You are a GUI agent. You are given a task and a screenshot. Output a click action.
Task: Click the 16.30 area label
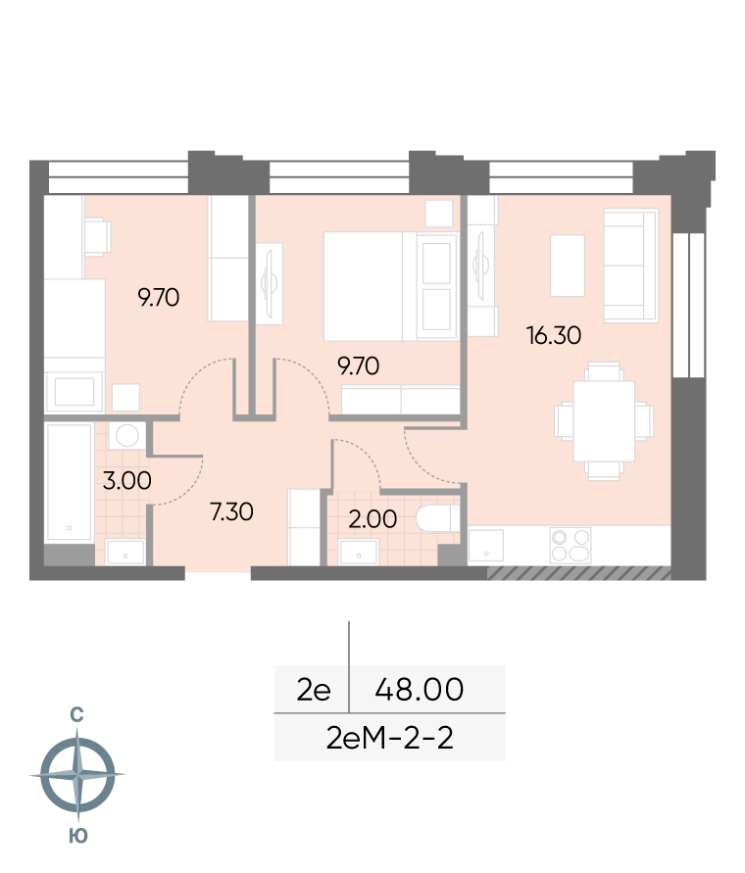coord(554,336)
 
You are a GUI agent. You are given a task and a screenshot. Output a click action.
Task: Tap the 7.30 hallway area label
coord(231,511)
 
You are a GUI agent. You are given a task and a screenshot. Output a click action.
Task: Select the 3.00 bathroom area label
coord(127,481)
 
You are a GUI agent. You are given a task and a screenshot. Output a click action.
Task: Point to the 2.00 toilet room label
coord(372,519)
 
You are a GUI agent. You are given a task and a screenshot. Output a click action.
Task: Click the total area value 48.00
coord(419,689)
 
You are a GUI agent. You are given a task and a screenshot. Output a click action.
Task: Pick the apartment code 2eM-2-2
coord(389,738)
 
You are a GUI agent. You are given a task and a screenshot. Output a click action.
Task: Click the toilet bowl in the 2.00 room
coord(438,519)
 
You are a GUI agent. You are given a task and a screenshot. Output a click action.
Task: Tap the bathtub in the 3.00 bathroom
coord(69,482)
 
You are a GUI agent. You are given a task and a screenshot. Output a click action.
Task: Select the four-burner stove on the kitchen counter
coord(571,545)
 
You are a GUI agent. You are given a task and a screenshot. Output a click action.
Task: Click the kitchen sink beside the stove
coord(486,546)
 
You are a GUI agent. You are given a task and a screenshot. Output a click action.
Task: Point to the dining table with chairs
coord(604,421)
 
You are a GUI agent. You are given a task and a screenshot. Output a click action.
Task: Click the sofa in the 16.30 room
coord(631,265)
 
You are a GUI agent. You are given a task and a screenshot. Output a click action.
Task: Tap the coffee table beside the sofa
coord(568,266)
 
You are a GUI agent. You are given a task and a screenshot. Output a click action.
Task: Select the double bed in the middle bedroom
coord(390,286)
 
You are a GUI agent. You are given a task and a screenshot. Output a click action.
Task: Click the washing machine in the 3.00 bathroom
coord(127,436)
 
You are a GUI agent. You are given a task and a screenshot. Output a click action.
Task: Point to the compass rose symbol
coord(77,775)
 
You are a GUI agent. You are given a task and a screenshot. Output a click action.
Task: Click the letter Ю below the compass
coord(78,836)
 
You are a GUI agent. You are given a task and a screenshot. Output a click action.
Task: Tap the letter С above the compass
coord(76,714)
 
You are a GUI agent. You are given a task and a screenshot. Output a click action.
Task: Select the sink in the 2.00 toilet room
coord(359,553)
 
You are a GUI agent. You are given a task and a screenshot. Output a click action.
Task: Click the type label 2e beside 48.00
coord(313,690)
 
